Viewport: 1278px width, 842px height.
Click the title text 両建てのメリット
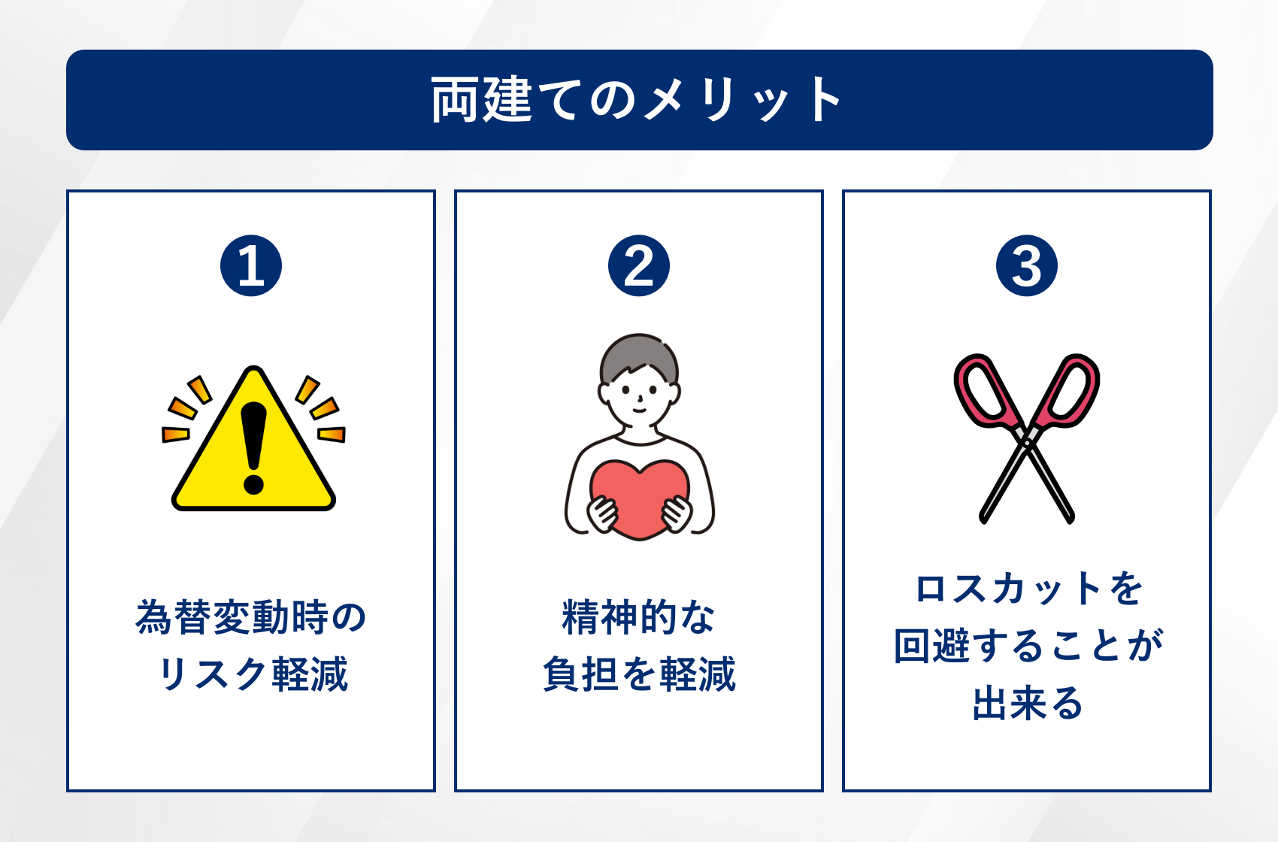(636, 100)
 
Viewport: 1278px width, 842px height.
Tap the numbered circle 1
(251, 265)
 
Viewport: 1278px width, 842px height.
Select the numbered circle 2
(639, 265)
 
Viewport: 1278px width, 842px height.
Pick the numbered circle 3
(1026, 265)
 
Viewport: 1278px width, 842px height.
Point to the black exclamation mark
(253, 448)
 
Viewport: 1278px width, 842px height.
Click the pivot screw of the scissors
(1026, 443)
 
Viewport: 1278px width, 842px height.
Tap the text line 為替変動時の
(251, 617)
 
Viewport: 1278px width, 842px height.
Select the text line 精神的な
(639, 617)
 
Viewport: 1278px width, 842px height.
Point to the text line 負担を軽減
(639, 674)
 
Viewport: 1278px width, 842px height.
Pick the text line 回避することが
(1028, 646)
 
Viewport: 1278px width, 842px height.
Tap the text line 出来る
(1028, 703)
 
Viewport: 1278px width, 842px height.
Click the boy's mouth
(640, 409)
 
